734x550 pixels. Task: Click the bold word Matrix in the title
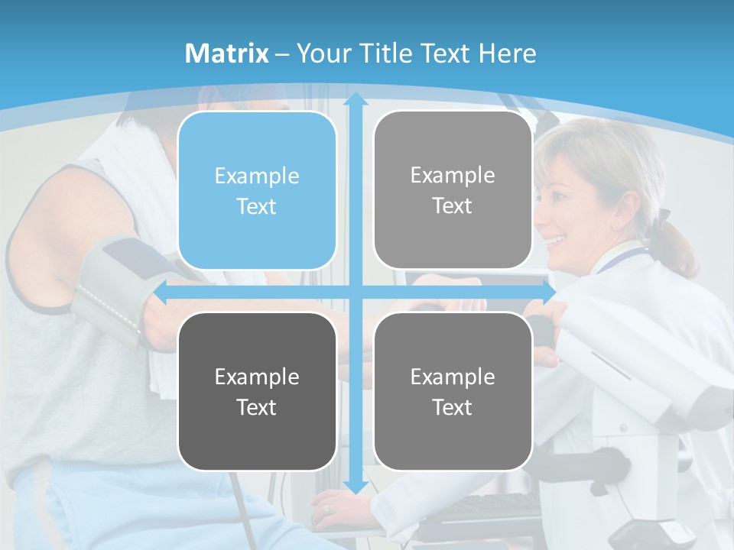(x=227, y=53)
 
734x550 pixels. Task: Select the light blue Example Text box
(x=257, y=191)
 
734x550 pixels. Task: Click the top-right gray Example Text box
(x=453, y=190)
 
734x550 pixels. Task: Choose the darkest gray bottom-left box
(x=257, y=391)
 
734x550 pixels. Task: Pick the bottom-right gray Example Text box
(x=453, y=391)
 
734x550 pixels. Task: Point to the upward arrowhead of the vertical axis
(x=355, y=99)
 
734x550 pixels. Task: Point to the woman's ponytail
(x=677, y=244)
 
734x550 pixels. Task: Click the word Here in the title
(x=508, y=53)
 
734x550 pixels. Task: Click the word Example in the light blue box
(x=257, y=176)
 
